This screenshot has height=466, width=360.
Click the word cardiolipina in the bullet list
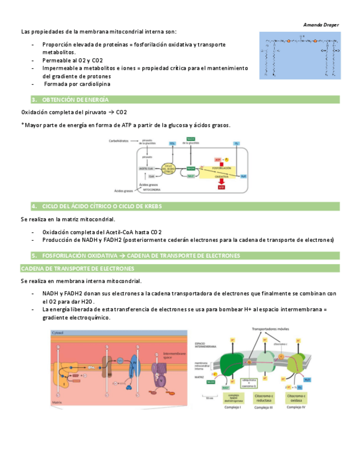click(x=93, y=84)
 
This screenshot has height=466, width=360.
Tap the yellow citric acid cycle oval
click(x=170, y=168)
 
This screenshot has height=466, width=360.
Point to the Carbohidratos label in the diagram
click(x=122, y=141)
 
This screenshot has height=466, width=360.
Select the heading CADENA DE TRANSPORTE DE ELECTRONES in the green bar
click(x=77, y=269)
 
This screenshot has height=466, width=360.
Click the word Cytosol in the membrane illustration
click(x=58, y=334)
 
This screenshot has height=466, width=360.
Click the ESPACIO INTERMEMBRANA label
click(x=203, y=344)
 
